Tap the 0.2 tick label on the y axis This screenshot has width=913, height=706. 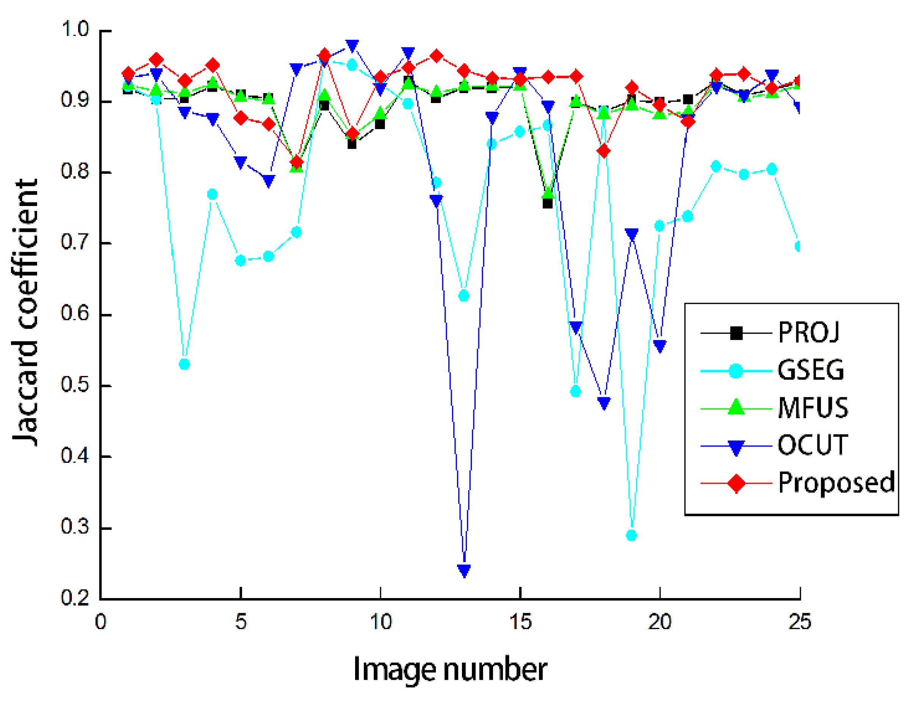pyautogui.click(x=75, y=598)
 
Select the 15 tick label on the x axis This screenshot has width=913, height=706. pyautogui.click(x=520, y=622)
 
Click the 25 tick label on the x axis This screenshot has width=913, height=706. pyautogui.click(x=800, y=622)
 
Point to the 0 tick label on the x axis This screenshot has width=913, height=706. pyautogui.click(x=100, y=622)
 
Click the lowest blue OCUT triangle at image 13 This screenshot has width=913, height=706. pyautogui.click(x=464, y=570)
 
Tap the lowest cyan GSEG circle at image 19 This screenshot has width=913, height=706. pyautogui.click(x=632, y=535)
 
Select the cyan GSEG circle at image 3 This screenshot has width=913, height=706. pyautogui.click(x=184, y=364)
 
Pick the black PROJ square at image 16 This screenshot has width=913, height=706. pyautogui.click(x=548, y=203)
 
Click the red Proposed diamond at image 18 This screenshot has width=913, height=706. pyautogui.click(x=604, y=151)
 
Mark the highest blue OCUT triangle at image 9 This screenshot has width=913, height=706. pyautogui.click(x=352, y=45)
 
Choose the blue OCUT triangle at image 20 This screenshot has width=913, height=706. pyautogui.click(x=660, y=346)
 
